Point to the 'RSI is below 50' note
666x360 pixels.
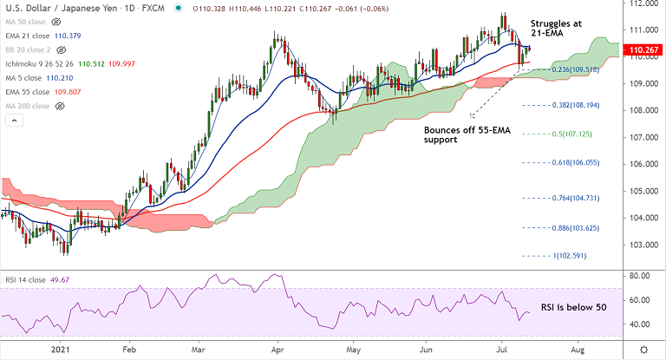coord(574,307)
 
